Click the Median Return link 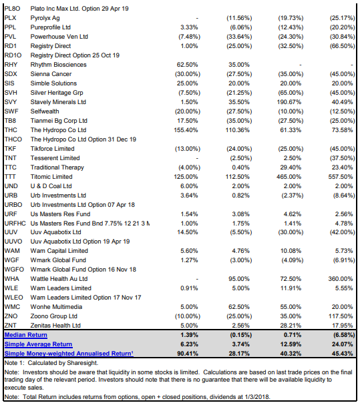(26, 335)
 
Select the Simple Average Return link (38, 344)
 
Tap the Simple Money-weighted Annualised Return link (69, 354)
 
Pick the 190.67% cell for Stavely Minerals (289, 102)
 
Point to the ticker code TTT (10, 177)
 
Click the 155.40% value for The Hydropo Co (186, 130)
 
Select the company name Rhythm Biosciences (59, 65)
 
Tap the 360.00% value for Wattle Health (341, 279)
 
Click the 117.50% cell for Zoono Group (341, 316)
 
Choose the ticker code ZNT (10, 326)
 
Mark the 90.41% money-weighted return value (188, 354)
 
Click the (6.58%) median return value (343, 335)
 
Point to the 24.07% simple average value (343, 344)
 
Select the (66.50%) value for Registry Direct (343, 46)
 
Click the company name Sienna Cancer (51, 74)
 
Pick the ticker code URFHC (15, 224)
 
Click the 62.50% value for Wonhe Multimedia (239, 307)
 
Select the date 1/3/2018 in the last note (257, 397)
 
